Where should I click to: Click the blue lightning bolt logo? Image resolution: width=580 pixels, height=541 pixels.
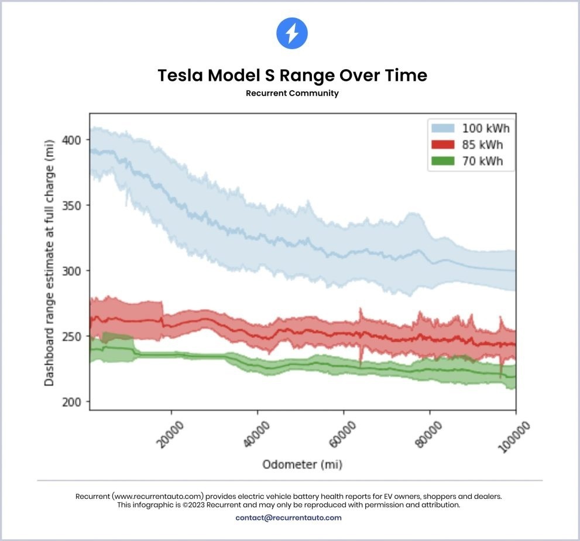pyautogui.click(x=291, y=33)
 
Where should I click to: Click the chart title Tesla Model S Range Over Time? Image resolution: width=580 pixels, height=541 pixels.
pyautogui.click(x=292, y=76)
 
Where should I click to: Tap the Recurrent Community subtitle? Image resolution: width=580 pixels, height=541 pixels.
pyautogui.click(x=292, y=93)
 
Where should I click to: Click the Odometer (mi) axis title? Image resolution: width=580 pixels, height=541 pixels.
pyautogui.click(x=302, y=465)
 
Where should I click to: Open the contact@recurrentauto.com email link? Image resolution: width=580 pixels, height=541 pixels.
pyautogui.click(x=289, y=518)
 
